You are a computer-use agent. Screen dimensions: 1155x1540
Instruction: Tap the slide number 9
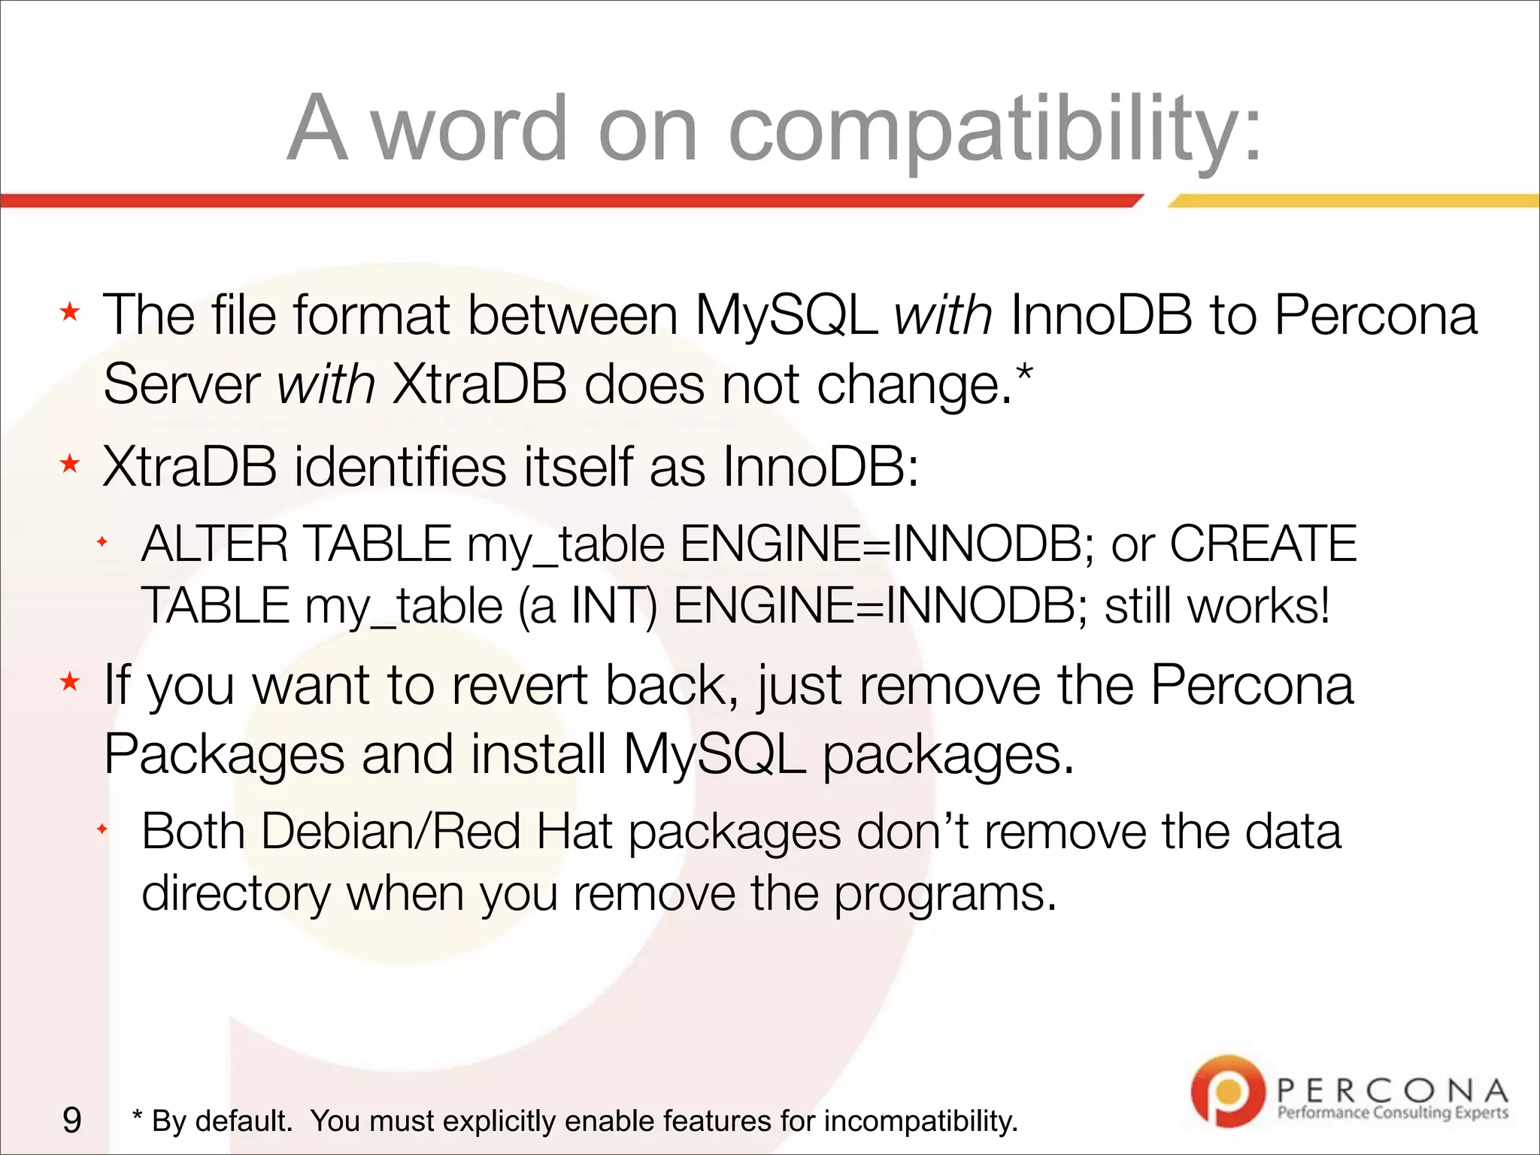point(72,1120)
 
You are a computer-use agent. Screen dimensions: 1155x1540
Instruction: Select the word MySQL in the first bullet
point(786,314)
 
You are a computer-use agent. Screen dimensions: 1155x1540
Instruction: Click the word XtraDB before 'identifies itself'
point(189,467)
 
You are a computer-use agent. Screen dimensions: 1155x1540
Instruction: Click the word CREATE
point(1263,544)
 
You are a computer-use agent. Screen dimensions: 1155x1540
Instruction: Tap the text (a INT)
point(587,606)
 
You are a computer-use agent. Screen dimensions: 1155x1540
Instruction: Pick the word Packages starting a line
point(223,754)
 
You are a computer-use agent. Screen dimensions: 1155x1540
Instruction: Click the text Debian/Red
point(391,832)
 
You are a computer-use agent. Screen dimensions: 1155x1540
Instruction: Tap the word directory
point(236,894)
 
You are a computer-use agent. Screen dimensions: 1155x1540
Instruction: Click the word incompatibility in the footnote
point(921,1121)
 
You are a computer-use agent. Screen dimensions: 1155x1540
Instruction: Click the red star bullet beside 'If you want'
point(70,682)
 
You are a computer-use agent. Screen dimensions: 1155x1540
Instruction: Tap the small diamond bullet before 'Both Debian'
point(102,829)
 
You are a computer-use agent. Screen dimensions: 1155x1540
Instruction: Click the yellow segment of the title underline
point(1354,201)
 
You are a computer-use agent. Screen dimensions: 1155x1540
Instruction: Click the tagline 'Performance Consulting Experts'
point(1393,1112)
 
